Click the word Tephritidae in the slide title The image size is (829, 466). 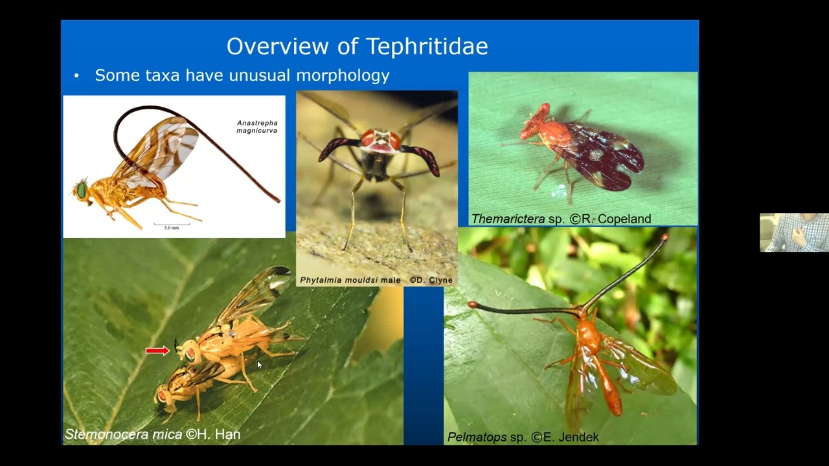click(427, 46)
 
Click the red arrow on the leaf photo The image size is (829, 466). click(157, 351)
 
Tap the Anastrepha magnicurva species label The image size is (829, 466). click(257, 127)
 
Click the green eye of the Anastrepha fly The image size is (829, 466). click(82, 190)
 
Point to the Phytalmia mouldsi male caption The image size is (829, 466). click(348, 280)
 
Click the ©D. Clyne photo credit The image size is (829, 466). click(431, 280)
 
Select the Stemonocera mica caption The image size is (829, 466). click(123, 434)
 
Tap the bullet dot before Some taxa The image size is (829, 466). click(76, 76)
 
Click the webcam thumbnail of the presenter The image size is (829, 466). click(794, 232)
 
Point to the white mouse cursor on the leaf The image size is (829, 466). click(259, 365)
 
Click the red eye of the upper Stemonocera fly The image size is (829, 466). click(190, 353)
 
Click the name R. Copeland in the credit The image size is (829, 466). click(617, 219)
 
